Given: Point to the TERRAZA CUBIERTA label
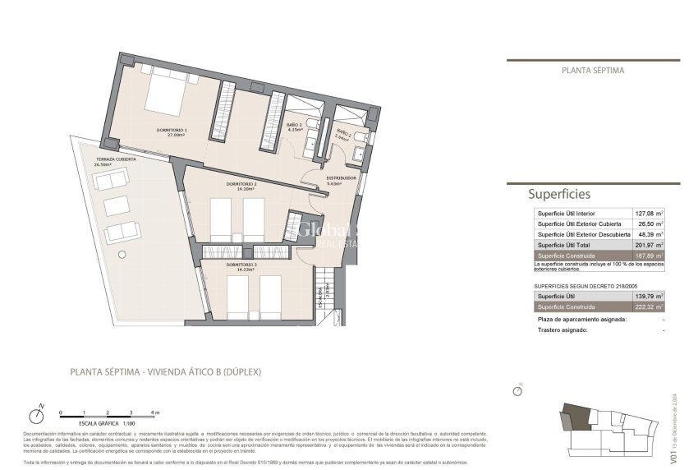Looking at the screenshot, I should (x=116, y=159).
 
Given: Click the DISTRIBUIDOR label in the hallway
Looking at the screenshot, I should (x=341, y=177).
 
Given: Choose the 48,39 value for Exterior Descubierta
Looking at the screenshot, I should (x=645, y=234).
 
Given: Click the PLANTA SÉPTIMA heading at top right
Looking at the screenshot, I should (x=593, y=71).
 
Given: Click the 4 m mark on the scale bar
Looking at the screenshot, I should (x=154, y=412).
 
